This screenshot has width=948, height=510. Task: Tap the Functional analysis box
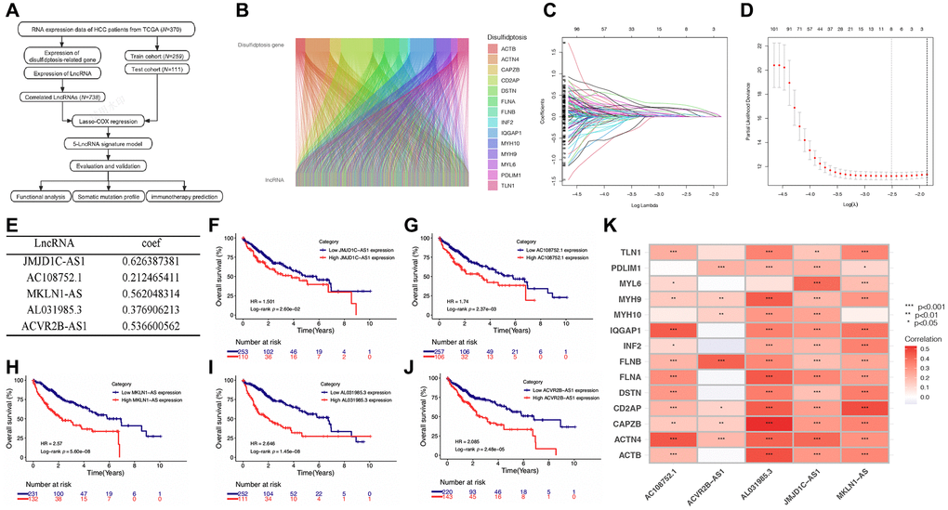pyautogui.click(x=49, y=196)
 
